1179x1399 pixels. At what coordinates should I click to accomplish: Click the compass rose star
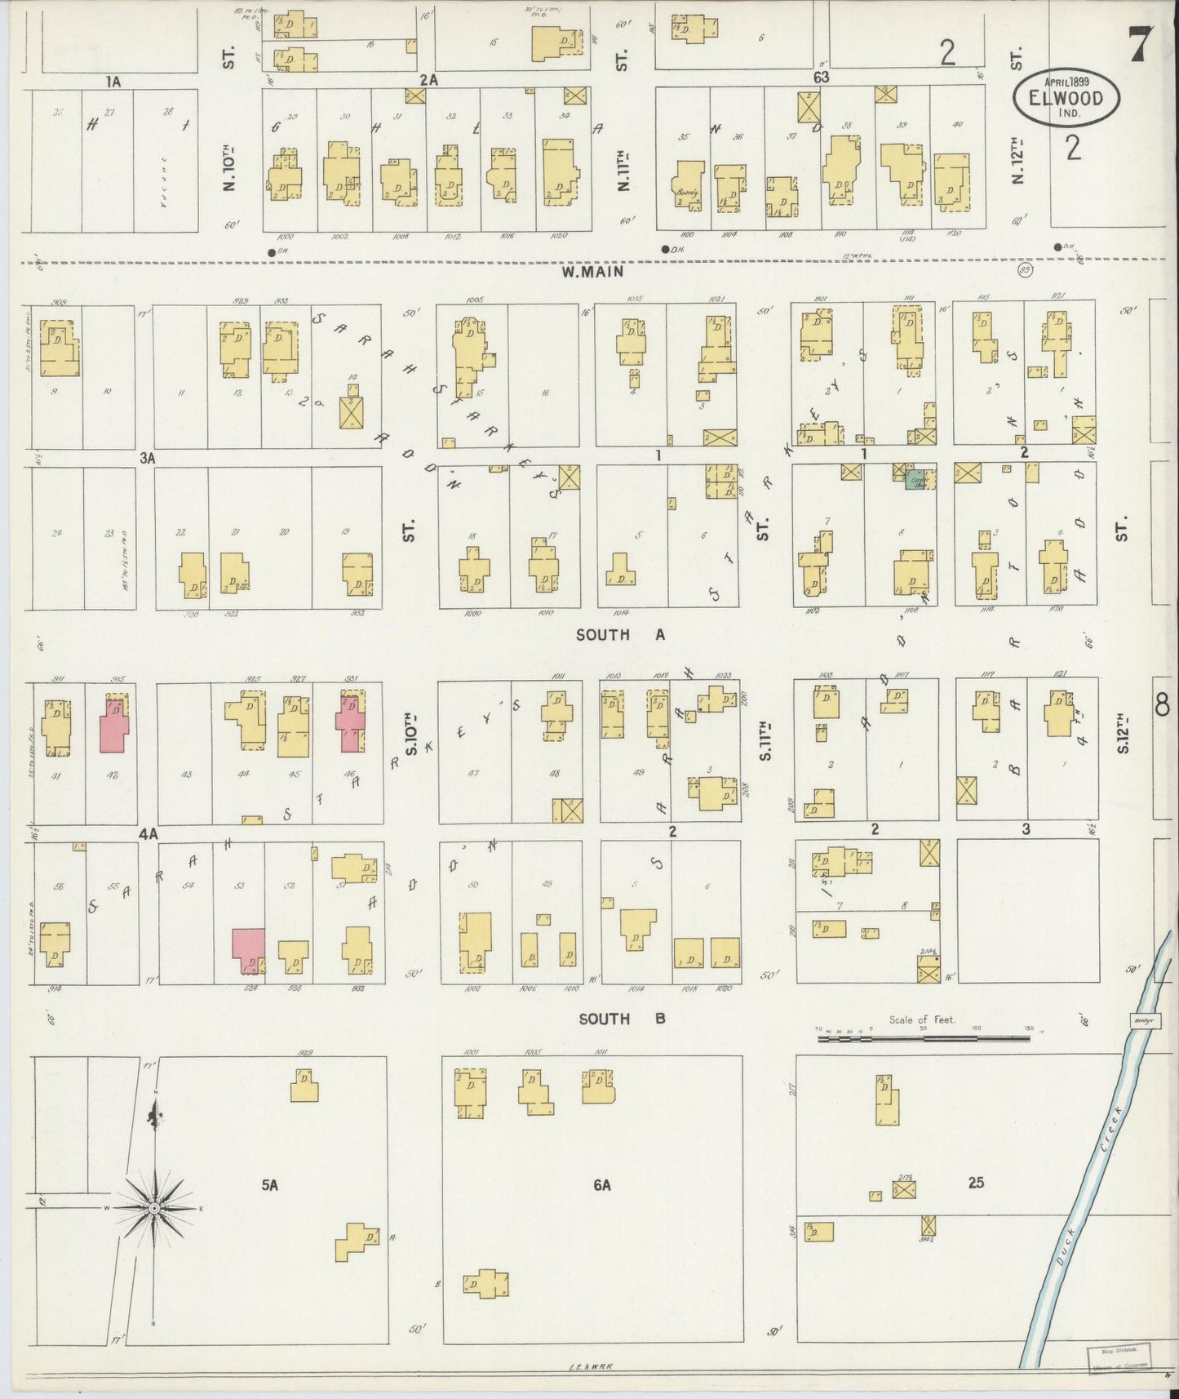[x=153, y=1207]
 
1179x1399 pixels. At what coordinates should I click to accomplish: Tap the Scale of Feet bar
[x=924, y=1038]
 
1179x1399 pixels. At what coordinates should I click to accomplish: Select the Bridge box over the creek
[x=1141, y=1019]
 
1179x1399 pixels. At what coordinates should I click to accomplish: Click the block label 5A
[x=270, y=1185]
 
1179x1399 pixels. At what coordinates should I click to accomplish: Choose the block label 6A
[x=602, y=1185]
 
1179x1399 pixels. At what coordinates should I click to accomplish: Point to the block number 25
[x=976, y=1182]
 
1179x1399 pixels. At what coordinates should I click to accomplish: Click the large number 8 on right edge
[x=1163, y=704]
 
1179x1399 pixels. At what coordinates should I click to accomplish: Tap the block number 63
[x=820, y=78]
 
